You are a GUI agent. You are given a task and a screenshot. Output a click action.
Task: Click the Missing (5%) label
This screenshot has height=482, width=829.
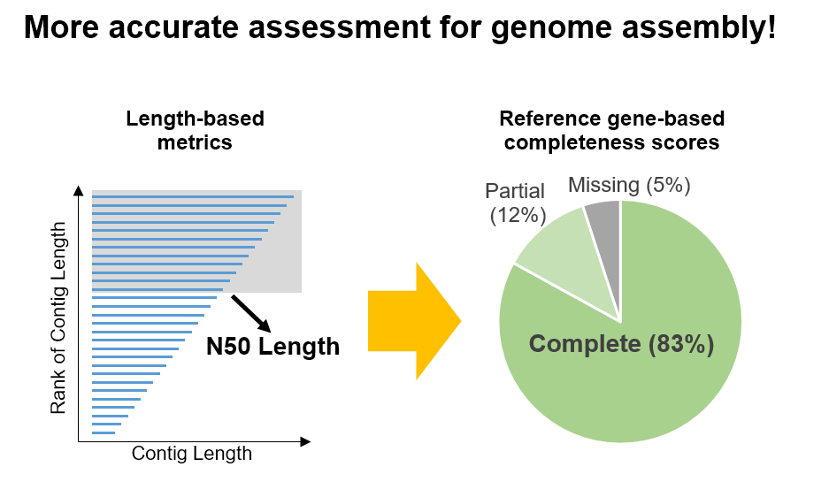point(629,186)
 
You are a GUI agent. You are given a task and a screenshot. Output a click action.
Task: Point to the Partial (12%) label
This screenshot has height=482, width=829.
point(516,203)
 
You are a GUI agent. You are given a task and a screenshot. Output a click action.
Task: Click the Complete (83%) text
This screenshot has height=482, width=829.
point(621,344)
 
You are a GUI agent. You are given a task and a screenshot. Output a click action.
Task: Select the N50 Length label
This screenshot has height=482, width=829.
point(272,347)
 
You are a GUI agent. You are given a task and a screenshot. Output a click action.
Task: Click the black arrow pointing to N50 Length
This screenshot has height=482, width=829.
point(251,314)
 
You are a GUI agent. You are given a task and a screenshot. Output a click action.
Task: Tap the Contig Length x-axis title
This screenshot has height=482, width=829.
point(191,454)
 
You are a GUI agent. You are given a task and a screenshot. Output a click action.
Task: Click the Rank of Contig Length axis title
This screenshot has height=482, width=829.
point(58,318)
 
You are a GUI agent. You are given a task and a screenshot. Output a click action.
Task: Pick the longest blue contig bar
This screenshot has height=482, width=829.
point(193,196)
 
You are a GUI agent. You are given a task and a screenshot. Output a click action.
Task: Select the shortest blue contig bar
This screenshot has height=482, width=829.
point(104,432)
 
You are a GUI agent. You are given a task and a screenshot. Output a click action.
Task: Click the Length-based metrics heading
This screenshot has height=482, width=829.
point(195,131)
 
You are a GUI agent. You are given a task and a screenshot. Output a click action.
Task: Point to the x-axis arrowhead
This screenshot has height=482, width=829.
point(305,441)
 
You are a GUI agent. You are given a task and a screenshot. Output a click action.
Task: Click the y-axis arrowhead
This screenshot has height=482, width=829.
point(78,191)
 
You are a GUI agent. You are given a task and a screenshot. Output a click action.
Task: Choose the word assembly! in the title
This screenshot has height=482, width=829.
point(699,27)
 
